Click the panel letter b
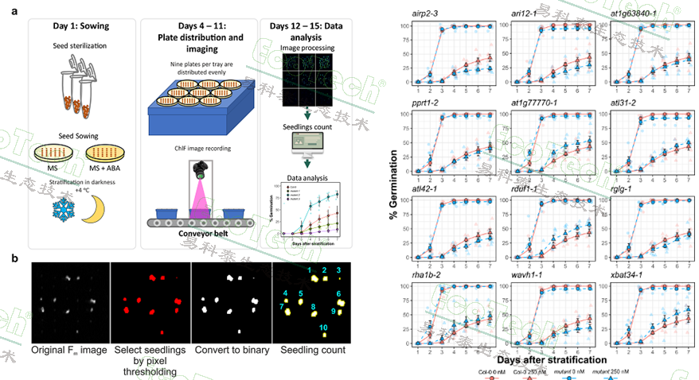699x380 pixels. [14, 258]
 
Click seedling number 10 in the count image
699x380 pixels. [322, 328]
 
